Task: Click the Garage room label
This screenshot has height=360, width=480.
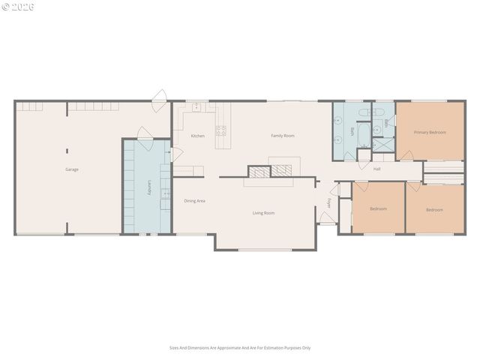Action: click(71, 169)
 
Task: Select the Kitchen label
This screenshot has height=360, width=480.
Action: click(197, 136)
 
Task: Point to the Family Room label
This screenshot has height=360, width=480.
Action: click(283, 136)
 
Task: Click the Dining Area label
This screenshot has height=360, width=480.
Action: click(195, 201)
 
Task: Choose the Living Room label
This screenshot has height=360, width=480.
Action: click(263, 213)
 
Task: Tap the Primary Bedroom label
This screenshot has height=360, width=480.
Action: click(430, 133)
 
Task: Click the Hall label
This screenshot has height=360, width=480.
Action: click(377, 169)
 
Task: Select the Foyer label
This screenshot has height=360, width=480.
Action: click(328, 203)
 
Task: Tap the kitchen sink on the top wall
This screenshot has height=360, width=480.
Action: click(197, 106)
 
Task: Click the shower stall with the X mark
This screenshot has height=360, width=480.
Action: click(384, 142)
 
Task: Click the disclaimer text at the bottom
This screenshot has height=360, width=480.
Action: click(240, 348)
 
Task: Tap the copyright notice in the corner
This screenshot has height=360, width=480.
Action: click(18, 7)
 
